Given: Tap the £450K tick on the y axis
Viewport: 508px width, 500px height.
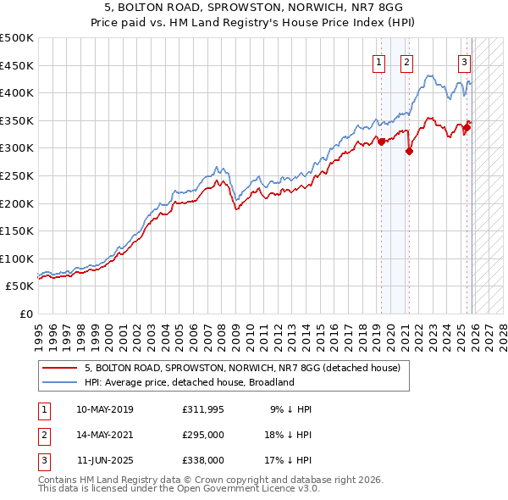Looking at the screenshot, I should [17, 65].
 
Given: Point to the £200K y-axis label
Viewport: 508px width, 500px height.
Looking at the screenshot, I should [17, 203].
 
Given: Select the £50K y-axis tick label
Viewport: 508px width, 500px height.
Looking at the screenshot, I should [20, 286].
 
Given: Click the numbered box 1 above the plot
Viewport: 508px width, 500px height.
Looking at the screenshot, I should [378, 61].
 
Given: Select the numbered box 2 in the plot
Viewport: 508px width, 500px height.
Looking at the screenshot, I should [406, 61].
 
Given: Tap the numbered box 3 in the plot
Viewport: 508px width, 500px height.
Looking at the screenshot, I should [465, 61].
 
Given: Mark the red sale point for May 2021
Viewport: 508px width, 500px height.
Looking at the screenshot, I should [410, 152].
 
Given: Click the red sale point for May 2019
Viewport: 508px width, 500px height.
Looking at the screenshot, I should [381, 142].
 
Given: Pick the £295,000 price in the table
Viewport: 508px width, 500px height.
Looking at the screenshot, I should [203, 434].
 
